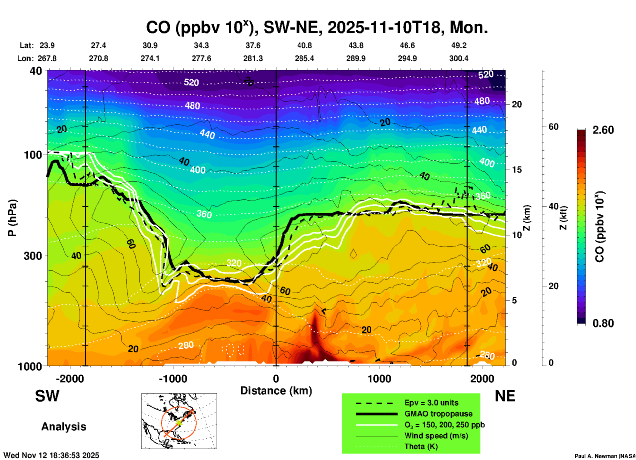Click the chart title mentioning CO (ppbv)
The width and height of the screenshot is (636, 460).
317,28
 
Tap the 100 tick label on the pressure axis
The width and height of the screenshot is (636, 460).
33,155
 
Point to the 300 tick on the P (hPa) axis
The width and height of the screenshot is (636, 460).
33,256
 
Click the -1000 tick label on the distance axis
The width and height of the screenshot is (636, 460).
173,379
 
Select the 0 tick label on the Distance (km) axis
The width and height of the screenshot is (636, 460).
276,379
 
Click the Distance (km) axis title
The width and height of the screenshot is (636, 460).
276,391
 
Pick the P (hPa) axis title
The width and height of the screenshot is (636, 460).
12,218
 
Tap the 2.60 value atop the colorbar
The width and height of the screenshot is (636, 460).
603,130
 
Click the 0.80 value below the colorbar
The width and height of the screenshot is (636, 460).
603,323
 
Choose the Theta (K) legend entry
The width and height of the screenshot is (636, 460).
421,447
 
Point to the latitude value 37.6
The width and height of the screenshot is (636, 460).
253,45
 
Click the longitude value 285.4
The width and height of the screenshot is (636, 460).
304,59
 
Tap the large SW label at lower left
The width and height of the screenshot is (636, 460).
47,396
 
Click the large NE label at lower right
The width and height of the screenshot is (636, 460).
505,396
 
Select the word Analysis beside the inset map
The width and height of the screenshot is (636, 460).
63,427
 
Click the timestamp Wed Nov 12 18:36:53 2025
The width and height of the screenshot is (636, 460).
51,455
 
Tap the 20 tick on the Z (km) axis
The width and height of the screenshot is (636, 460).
517,104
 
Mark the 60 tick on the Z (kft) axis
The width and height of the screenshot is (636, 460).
553,127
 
